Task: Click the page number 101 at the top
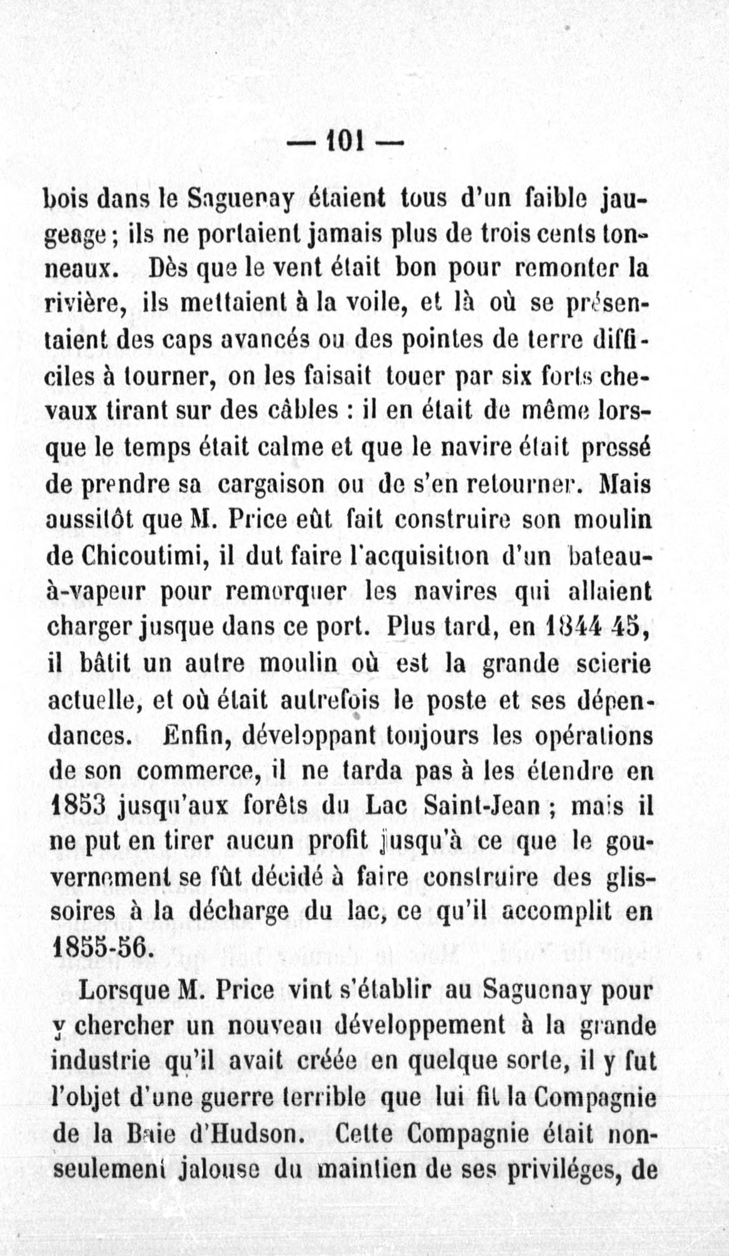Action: pos(345,144)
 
